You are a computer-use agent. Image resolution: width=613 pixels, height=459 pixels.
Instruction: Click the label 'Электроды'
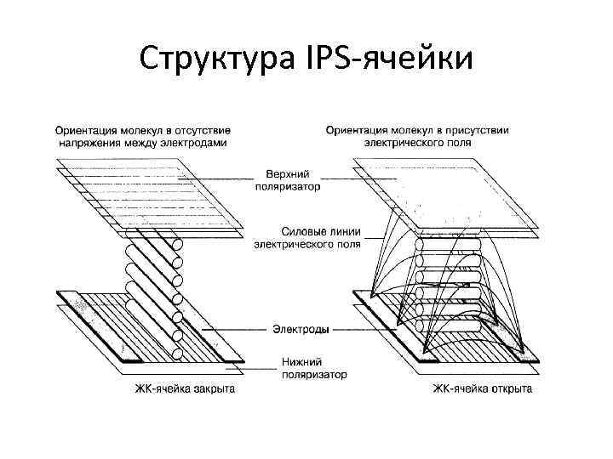301,328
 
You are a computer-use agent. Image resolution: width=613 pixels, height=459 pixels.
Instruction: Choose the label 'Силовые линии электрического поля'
308,236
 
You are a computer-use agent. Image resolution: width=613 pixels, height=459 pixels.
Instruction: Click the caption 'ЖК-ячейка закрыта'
185,389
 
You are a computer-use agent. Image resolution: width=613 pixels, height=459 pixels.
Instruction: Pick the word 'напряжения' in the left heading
88,143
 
